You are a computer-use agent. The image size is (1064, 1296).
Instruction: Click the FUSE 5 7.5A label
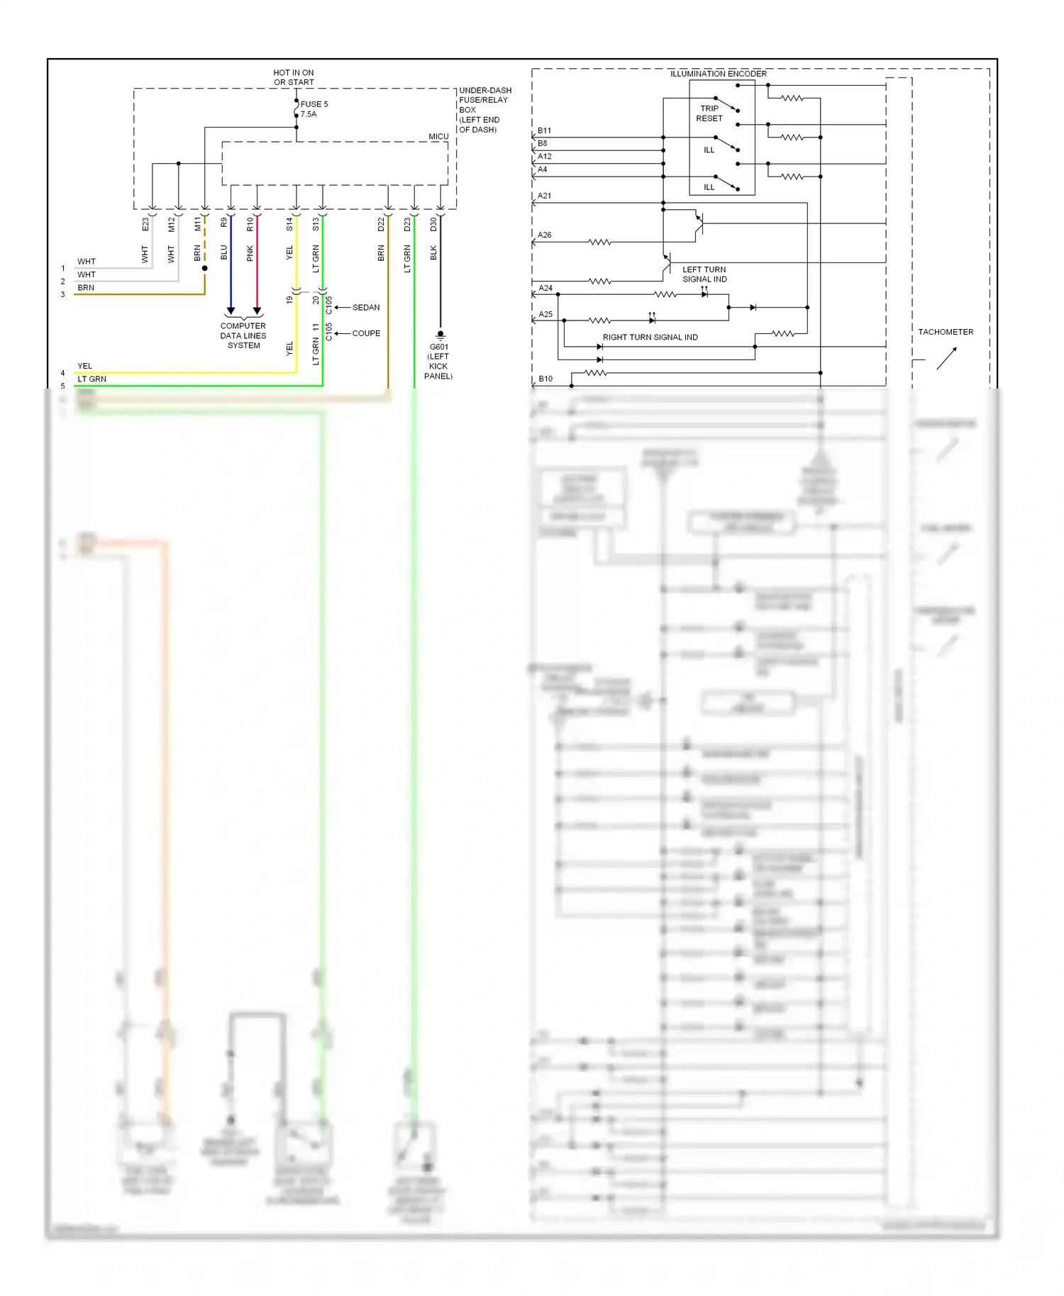[314, 109]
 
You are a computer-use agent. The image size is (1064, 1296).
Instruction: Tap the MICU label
[438, 136]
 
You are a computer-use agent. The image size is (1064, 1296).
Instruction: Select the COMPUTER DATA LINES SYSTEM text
[243, 336]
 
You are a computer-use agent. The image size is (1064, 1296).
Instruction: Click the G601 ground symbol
[440, 334]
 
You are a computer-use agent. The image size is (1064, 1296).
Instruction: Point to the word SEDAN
[366, 308]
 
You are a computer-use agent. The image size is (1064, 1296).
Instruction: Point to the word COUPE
[366, 333]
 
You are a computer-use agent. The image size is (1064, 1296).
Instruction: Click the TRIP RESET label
[709, 113]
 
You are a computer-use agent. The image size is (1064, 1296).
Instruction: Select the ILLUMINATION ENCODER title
[718, 74]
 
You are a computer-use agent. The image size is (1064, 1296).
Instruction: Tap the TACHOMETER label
[946, 332]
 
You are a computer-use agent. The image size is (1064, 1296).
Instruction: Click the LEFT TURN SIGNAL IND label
[704, 274]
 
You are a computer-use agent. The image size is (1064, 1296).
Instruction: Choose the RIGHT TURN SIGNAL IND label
[650, 337]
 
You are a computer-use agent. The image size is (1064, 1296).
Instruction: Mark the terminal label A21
[544, 196]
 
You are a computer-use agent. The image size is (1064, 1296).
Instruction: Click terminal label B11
[544, 130]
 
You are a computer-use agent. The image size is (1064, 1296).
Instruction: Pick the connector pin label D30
[433, 225]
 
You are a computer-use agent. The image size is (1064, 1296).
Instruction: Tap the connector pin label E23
[145, 225]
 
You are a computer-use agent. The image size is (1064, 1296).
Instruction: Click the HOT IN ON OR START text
[294, 77]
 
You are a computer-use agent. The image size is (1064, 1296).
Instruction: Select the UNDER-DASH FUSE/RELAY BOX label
[484, 110]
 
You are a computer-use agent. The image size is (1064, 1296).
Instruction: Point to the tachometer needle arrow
[947, 358]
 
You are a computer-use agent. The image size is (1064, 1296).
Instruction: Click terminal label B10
[545, 379]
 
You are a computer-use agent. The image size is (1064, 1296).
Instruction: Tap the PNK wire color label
[250, 253]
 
